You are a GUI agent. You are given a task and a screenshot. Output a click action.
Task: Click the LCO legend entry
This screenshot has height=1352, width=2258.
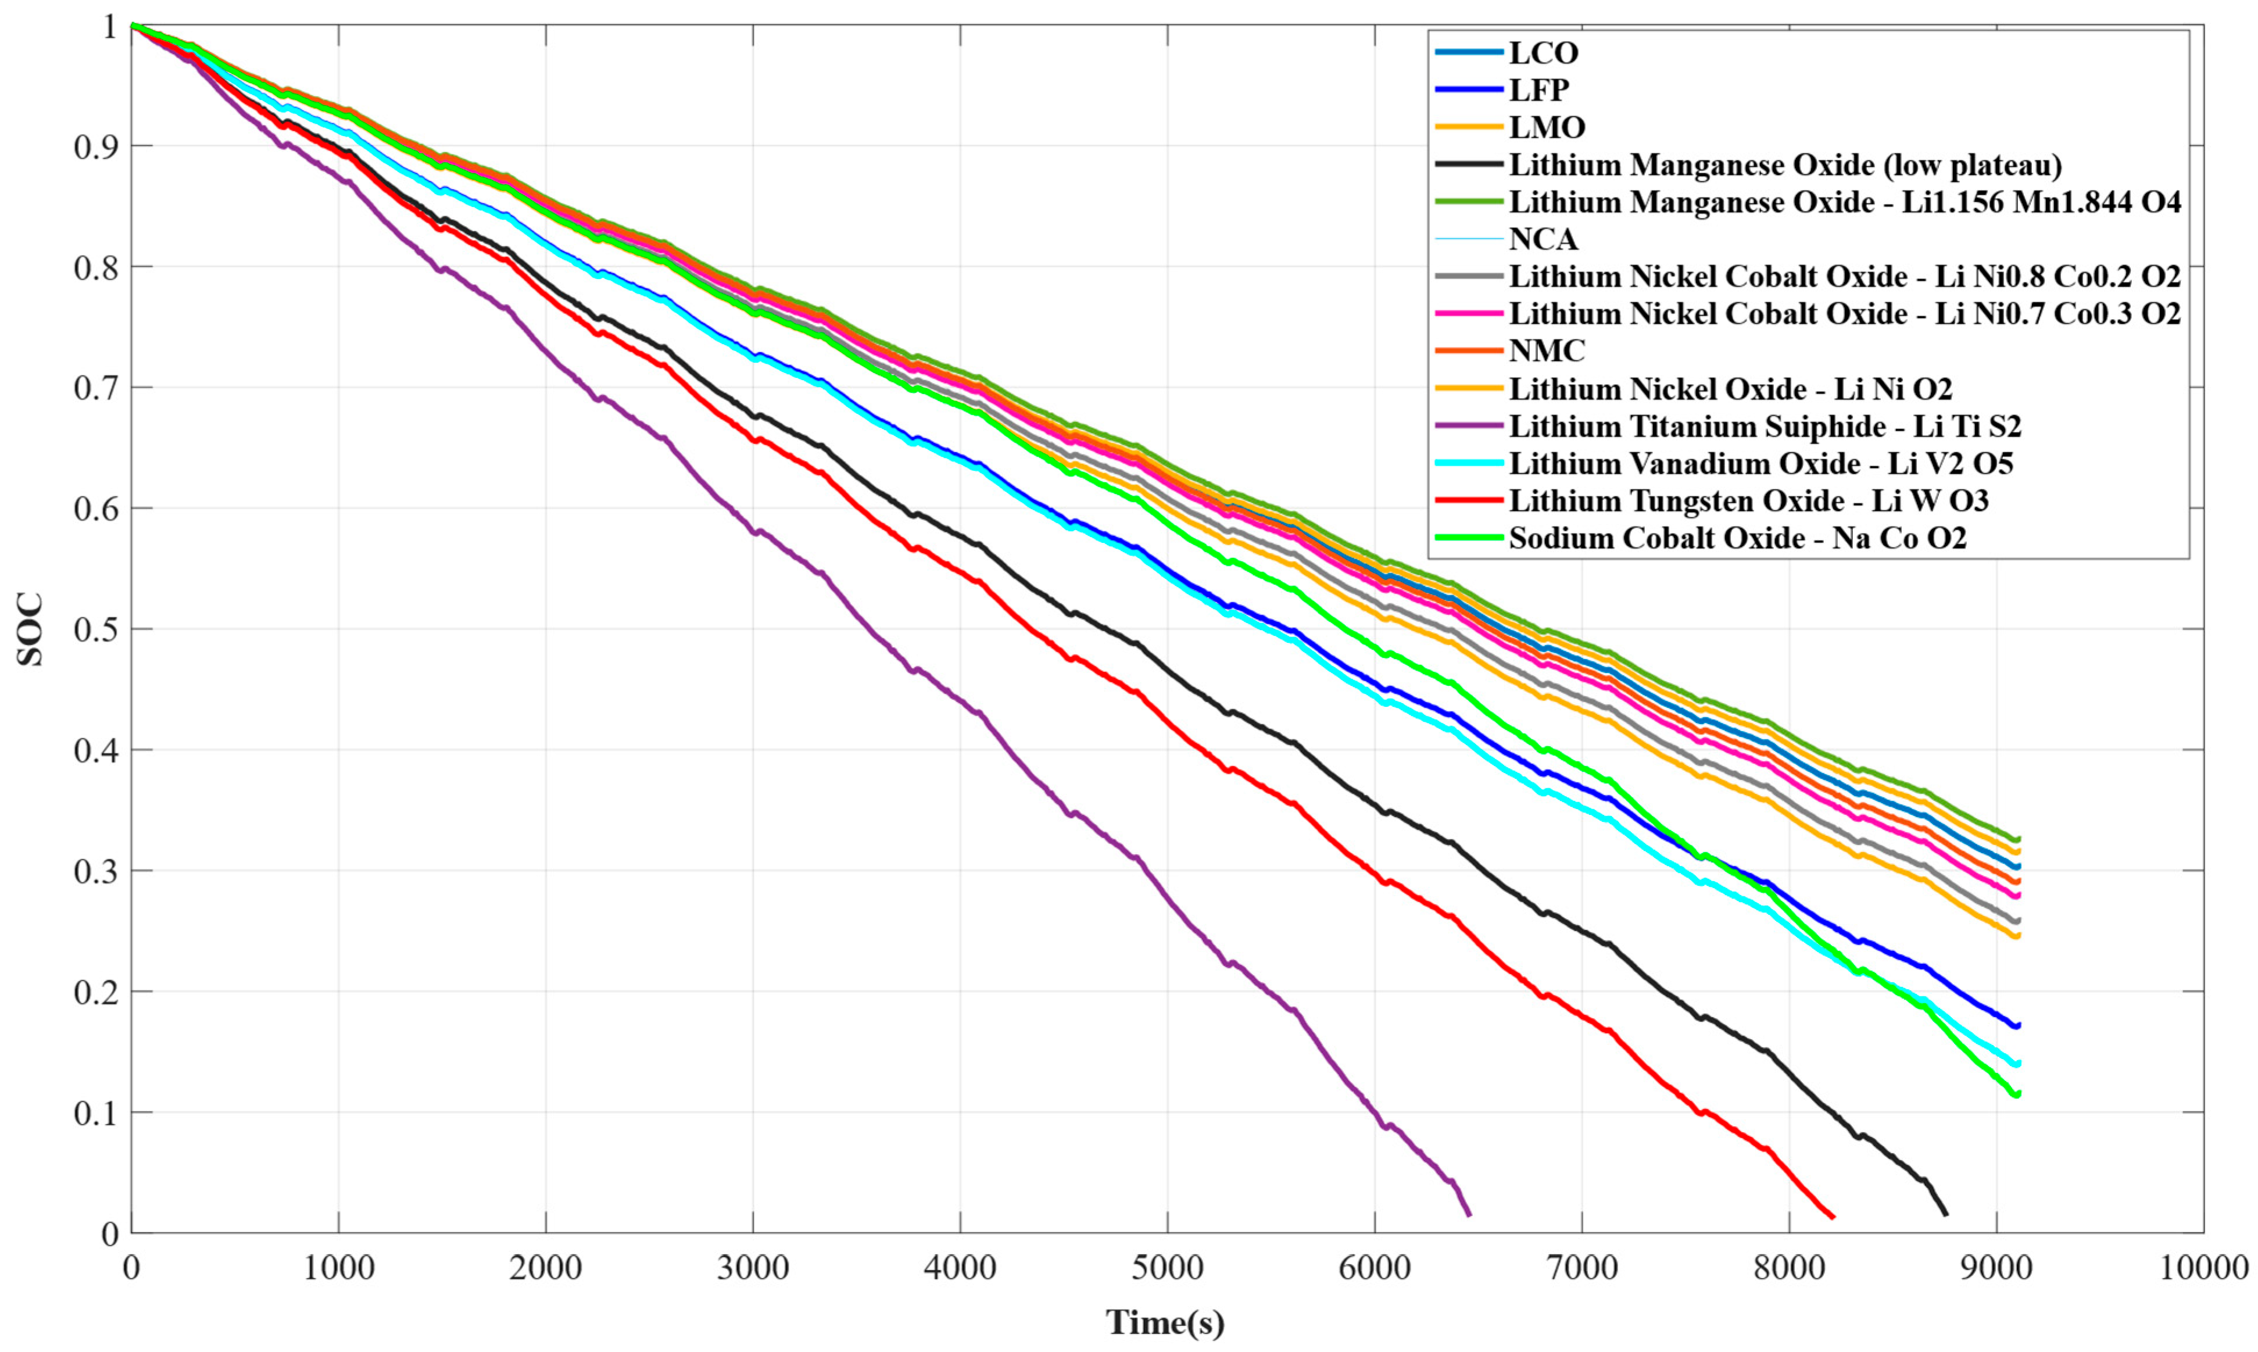point(1544,53)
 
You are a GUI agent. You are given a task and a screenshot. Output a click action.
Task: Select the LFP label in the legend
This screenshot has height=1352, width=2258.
point(1540,90)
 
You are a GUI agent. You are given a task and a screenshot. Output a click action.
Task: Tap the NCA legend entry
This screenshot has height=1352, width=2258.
point(1544,239)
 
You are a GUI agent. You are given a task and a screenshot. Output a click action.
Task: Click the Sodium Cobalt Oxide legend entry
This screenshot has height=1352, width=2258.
point(1738,538)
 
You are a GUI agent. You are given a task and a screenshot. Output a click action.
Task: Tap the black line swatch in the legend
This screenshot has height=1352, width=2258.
point(1468,164)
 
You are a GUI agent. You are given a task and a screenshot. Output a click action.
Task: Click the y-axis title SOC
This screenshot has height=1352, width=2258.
point(30,629)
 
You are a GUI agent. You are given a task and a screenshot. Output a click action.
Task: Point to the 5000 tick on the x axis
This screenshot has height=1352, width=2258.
point(1167,1267)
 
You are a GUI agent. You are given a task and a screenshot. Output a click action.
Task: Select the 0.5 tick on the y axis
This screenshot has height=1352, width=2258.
point(96,629)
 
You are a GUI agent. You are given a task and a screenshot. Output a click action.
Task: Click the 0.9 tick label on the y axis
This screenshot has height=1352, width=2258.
point(96,146)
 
